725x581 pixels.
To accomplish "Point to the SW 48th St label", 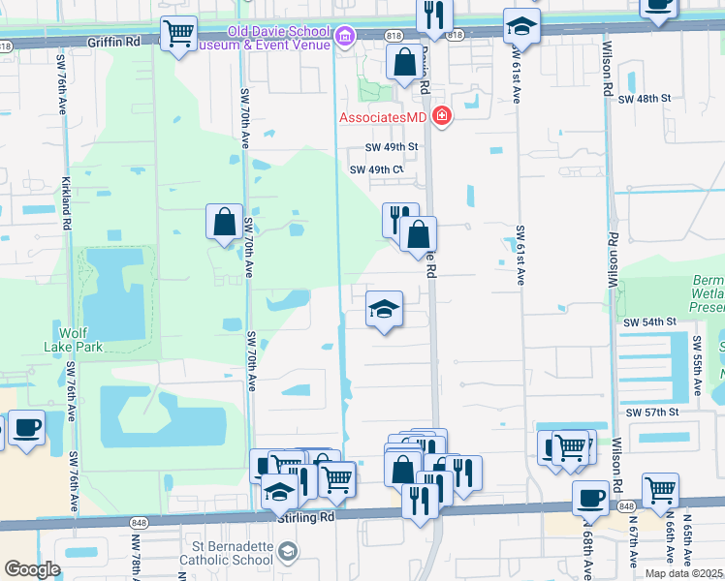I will tap(645, 99).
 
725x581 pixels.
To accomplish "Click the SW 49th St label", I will tap(391, 147).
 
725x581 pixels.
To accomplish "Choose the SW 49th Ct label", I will tap(376, 169).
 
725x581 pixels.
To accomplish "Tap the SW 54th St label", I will tap(648, 321).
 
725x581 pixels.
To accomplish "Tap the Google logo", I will tap(32, 569).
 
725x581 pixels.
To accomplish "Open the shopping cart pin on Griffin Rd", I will tap(178, 35).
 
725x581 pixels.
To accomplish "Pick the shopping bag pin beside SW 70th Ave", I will tap(225, 222).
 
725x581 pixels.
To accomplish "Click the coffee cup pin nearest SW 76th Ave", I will tap(27, 427).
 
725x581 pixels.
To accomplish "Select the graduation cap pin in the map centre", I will tap(384, 310).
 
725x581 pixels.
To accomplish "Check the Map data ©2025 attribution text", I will tap(683, 573).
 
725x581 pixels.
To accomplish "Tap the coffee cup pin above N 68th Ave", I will tap(590, 498).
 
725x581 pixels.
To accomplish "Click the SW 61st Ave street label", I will tap(520, 255).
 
